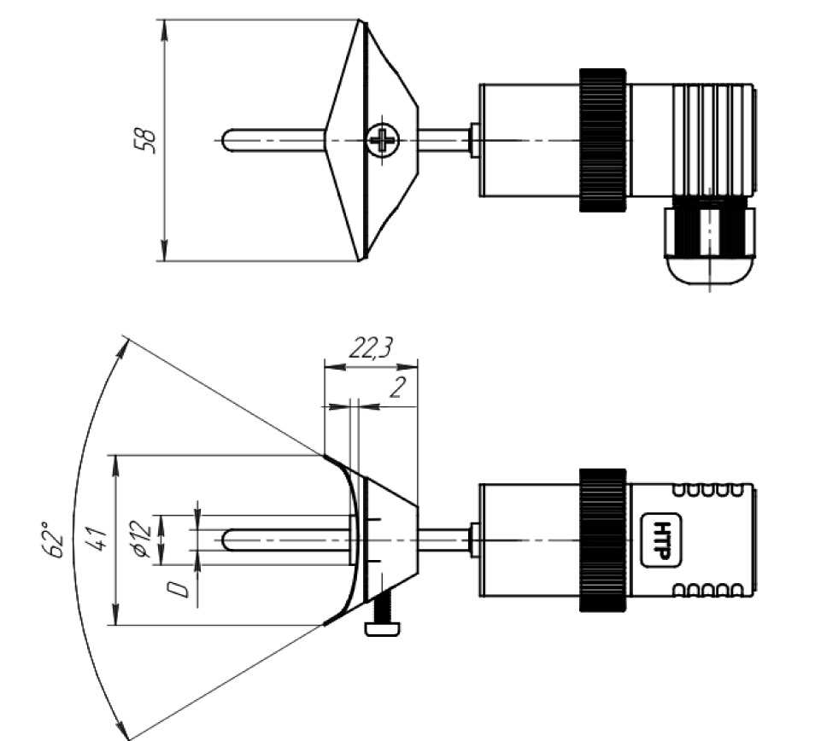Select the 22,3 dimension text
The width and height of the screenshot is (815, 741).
point(371,348)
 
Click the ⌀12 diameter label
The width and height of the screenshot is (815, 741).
point(143,535)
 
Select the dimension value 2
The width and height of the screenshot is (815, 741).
point(397,388)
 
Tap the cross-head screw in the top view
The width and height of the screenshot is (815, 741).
point(384,140)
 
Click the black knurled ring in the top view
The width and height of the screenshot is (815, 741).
point(603,140)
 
